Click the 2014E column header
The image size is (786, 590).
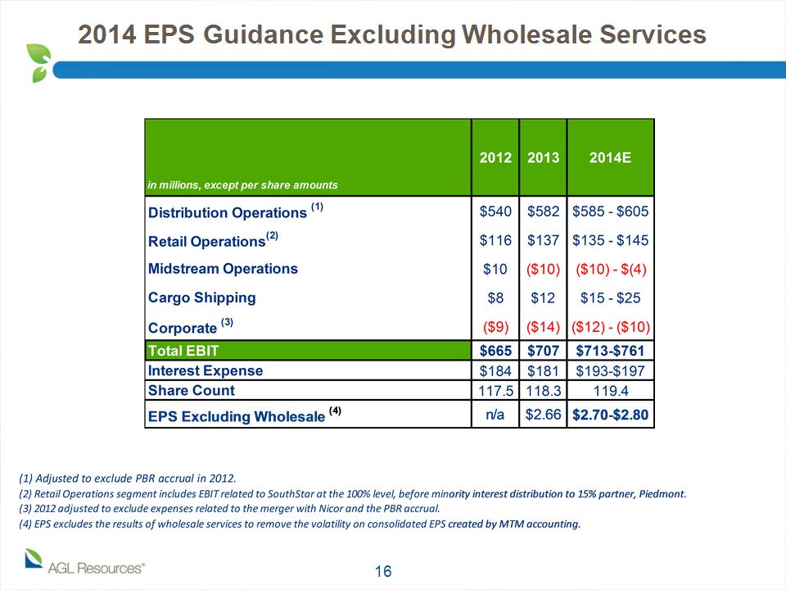coord(610,157)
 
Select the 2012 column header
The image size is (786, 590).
coord(495,157)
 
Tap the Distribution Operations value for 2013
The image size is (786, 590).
coord(543,211)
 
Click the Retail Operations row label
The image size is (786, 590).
coord(213,240)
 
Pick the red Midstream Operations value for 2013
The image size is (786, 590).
coord(543,270)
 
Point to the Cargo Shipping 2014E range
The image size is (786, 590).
coord(610,298)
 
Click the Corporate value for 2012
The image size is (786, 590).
coord(495,327)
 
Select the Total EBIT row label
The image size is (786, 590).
coord(183,351)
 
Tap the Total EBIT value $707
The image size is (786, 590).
coord(543,351)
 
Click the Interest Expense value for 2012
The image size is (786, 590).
coord(495,370)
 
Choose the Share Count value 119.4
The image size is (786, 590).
coord(610,391)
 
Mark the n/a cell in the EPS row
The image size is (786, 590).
coord(495,415)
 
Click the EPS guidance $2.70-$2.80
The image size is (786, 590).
coord(610,415)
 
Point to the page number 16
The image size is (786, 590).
coord(383,571)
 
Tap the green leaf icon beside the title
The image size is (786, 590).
coord(39,63)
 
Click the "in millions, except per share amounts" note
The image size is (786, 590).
coord(242,185)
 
